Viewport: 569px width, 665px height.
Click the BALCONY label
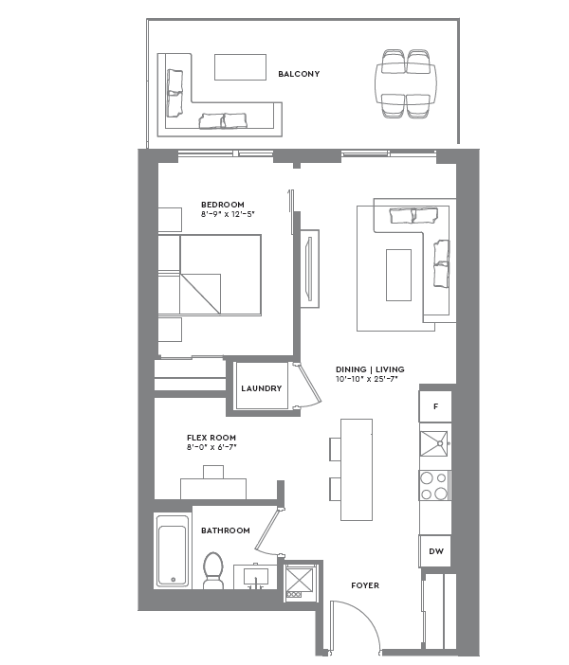[299, 74]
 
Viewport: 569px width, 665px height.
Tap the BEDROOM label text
[223, 205]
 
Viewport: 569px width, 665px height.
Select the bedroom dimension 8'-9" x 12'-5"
[229, 215]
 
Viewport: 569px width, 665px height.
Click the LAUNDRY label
[261, 388]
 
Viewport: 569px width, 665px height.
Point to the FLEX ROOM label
[211, 438]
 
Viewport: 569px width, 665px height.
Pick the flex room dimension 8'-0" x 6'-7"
[211, 447]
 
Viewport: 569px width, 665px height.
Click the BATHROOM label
[226, 530]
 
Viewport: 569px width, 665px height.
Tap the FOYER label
[365, 585]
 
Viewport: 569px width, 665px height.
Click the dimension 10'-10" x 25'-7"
[367, 379]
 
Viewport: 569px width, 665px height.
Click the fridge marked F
[435, 406]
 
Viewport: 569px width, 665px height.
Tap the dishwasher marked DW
[435, 550]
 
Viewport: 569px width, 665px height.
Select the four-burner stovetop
[435, 485]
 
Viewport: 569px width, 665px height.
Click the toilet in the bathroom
[212, 571]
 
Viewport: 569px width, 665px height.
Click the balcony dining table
[406, 84]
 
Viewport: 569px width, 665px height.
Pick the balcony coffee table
[240, 67]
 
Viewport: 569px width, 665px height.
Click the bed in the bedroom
[219, 275]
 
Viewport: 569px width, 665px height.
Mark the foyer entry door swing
[353, 625]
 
